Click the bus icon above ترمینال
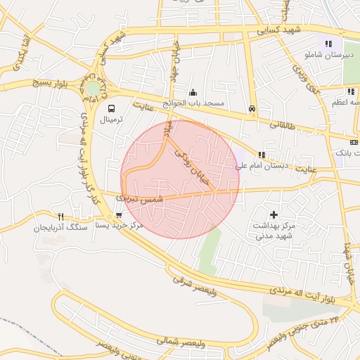tap(110, 108)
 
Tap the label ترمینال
tap(110, 120)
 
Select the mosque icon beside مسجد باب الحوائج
tap(193, 92)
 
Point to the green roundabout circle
tap(93, 89)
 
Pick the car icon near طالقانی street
tap(251, 108)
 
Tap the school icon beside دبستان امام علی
tap(262, 155)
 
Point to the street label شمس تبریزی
tap(143, 200)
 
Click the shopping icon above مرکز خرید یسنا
tap(118, 215)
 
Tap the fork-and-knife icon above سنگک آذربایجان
tap(60, 217)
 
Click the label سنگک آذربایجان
tap(60, 228)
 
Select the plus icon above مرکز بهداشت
tap(274, 214)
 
